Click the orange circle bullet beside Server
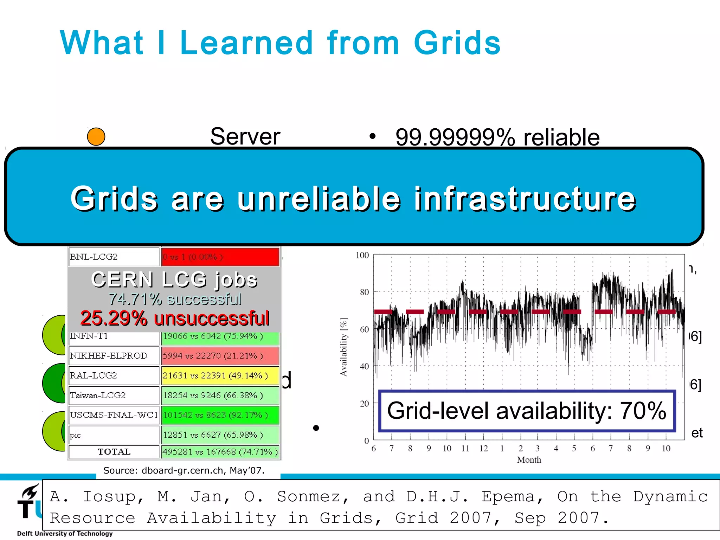point(96,137)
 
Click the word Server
point(245,136)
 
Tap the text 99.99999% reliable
point(497,137)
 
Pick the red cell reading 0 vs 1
point(220,257)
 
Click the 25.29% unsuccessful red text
point(175,319)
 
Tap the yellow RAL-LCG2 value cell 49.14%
point(220,376)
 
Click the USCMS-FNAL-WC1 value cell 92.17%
point(220,415)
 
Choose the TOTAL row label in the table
point(114,452)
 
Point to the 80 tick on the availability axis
point(364,292)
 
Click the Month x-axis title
point(529,460)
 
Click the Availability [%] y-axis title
point(344,347)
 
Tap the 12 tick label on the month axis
point(483,449)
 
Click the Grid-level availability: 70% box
point(527,411)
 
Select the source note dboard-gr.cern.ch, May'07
point(184,470)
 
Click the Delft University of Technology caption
point(65,534)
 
